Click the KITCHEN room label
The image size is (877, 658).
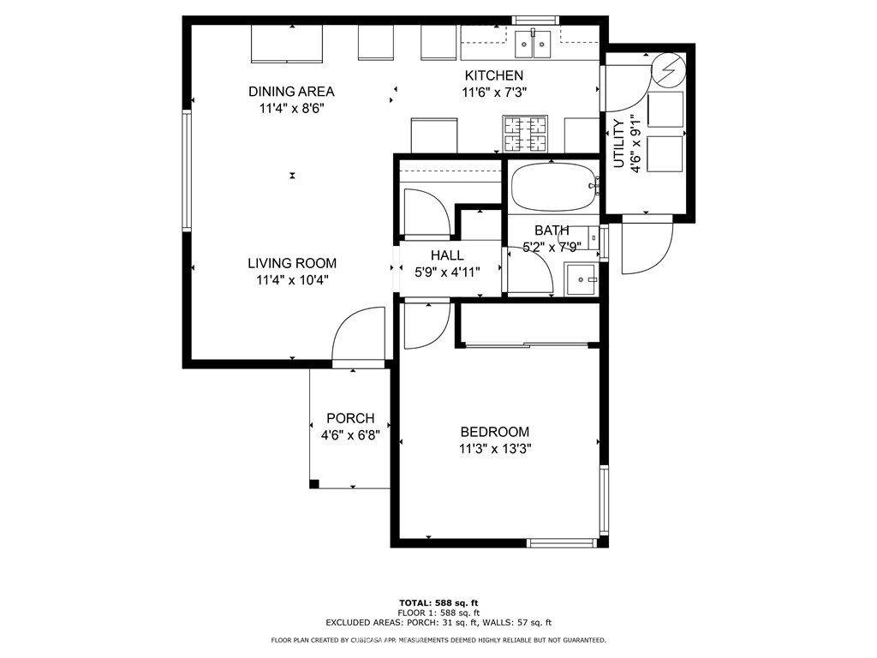[x=493, y=75]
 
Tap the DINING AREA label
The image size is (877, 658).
[x=291, y=92]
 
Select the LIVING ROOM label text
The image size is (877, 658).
[x=292, y=263]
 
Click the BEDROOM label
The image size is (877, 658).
[x=494, y=432]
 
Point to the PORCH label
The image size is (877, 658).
[x=350, y=418]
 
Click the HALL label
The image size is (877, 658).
[x=447, y=255]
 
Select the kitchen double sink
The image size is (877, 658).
[x=534, y=44]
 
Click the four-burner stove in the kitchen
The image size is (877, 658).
[x=525, y=134]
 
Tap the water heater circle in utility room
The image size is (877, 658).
[x=668, y=69]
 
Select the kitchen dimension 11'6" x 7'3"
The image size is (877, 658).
[x=493, y=92]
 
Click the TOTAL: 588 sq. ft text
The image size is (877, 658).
[x=438, y=602]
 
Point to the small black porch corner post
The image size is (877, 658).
[x=314, y=484]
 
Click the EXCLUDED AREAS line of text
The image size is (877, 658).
[x=438, y=623]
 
